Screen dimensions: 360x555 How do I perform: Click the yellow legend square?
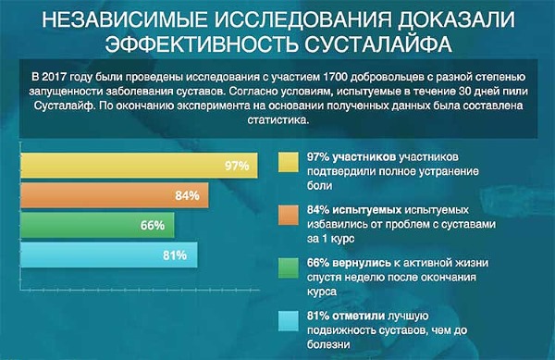tap(288, 160)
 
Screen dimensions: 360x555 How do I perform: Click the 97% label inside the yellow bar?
tap(237, 167)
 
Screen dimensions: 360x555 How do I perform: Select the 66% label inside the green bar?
tap(153, 225)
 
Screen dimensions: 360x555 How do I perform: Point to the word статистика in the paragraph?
tap(277, 120)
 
